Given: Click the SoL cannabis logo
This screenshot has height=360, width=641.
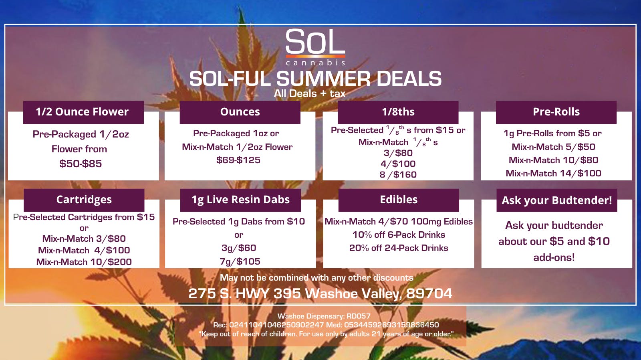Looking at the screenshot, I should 315,47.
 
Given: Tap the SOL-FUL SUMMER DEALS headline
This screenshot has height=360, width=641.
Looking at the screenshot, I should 315,79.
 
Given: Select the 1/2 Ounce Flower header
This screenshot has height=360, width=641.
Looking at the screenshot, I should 82,112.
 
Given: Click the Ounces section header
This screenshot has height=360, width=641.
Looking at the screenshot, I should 240,112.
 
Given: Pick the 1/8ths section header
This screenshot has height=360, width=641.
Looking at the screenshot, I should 398,112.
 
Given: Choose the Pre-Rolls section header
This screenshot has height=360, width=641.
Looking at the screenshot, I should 556,112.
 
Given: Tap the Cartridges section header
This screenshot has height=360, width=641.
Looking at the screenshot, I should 84,200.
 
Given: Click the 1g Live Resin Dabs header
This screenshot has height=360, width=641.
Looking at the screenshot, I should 240,200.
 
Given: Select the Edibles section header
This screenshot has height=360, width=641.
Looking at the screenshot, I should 399,200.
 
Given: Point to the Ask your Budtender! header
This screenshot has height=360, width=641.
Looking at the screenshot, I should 557,200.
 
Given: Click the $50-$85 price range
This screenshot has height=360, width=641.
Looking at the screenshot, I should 81,164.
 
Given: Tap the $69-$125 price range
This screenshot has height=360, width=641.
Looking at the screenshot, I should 238,160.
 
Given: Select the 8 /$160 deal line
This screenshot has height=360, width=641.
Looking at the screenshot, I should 398,174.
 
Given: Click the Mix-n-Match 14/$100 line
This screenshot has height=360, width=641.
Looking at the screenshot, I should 553,173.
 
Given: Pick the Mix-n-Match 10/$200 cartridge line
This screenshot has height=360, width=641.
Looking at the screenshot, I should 84,262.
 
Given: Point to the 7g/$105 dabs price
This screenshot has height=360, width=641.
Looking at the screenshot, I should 240,261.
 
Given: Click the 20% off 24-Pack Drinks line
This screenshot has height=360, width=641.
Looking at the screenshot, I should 399,248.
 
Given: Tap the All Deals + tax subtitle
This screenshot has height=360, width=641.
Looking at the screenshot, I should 310,93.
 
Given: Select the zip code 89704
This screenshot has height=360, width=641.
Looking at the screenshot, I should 429,293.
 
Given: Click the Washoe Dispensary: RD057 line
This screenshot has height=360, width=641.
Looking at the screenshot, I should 324,316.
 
